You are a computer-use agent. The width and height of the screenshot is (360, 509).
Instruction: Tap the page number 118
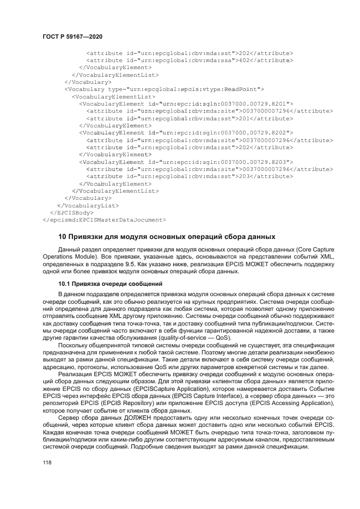click(47, 462)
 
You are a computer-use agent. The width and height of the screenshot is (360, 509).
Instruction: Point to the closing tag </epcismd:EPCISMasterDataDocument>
click(103, 220)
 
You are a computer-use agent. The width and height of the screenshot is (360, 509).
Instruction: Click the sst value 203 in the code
click(245, 176)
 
